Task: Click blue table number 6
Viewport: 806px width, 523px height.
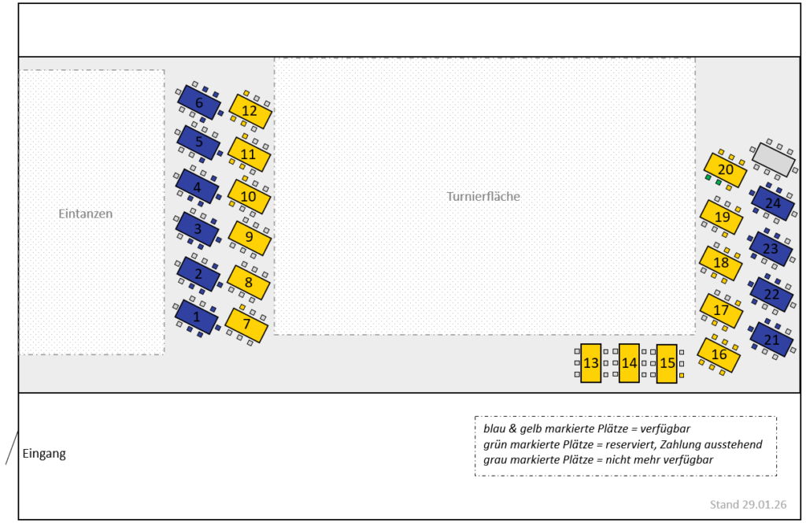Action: tap(198, 102)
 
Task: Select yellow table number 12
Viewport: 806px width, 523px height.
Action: tap(250, 111)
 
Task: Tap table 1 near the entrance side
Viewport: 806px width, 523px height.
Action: tap(197, 317)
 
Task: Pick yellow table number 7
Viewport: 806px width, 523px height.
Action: tap(246, 324)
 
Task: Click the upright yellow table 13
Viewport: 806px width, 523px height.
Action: tap(591, 363)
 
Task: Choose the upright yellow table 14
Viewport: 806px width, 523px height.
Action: tap(629, 363)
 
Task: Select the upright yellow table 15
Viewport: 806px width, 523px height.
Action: tap(667, 363)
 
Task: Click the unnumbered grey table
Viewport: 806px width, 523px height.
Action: tap(773, 159)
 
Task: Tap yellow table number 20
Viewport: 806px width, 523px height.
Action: tap(725, 169)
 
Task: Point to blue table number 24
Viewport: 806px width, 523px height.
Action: tap(772, 203)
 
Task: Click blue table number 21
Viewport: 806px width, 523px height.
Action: tap(771, 339)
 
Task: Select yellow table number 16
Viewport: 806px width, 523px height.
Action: tap(719, 354)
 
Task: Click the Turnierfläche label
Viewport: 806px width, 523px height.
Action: tap(483, 197)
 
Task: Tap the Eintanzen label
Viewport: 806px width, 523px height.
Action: tap(86, 213)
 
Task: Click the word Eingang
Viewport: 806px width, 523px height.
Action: tap(44, 454)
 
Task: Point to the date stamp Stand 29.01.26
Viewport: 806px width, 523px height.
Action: tap(749, 505)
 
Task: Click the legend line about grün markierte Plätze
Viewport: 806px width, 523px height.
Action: tap(623, 445)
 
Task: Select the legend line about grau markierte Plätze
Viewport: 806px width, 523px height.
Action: tap(598, 460)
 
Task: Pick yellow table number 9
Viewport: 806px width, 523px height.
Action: tap(249, 237)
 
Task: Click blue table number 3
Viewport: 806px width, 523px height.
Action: tap(198, 229)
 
